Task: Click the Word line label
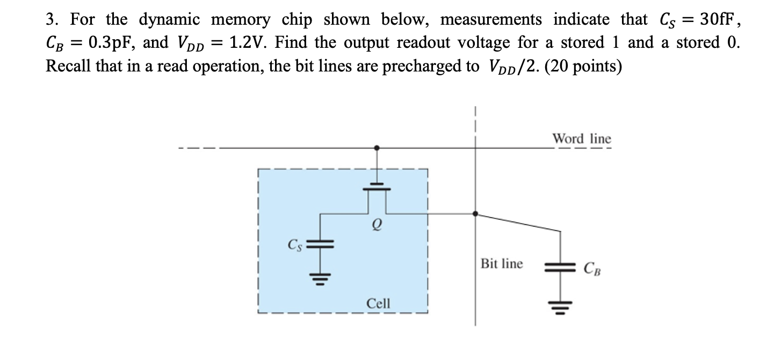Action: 582,139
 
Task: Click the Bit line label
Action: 501,264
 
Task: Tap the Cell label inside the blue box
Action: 378,304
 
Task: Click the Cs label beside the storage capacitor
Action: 294,246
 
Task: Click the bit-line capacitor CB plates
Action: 560,267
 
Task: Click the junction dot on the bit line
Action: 475,213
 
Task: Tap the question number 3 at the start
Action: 52,20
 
